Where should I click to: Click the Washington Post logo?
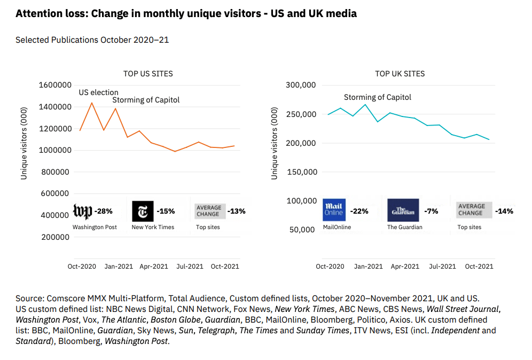click(82, 212)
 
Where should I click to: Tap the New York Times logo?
click(143, 211)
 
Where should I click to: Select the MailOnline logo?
click(334, 210)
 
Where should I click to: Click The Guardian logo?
click(403, 210)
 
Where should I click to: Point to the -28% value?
click(103, 211)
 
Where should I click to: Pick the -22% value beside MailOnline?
click(359, 211)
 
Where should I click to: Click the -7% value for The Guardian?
click(431, 211)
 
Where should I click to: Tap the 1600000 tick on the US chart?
click(55, 85)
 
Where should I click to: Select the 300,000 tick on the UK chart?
click(301, 85)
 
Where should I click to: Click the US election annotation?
click(98, 92)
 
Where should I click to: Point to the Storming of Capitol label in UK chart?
click(377, 97)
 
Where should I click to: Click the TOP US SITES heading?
click(148, 74)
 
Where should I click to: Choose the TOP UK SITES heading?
click(400, 74)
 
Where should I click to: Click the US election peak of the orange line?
click(92, 103)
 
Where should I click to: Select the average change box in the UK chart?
click(471, 210)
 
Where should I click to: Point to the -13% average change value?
click(236, 211)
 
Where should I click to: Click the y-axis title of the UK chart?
click(275, 143)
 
